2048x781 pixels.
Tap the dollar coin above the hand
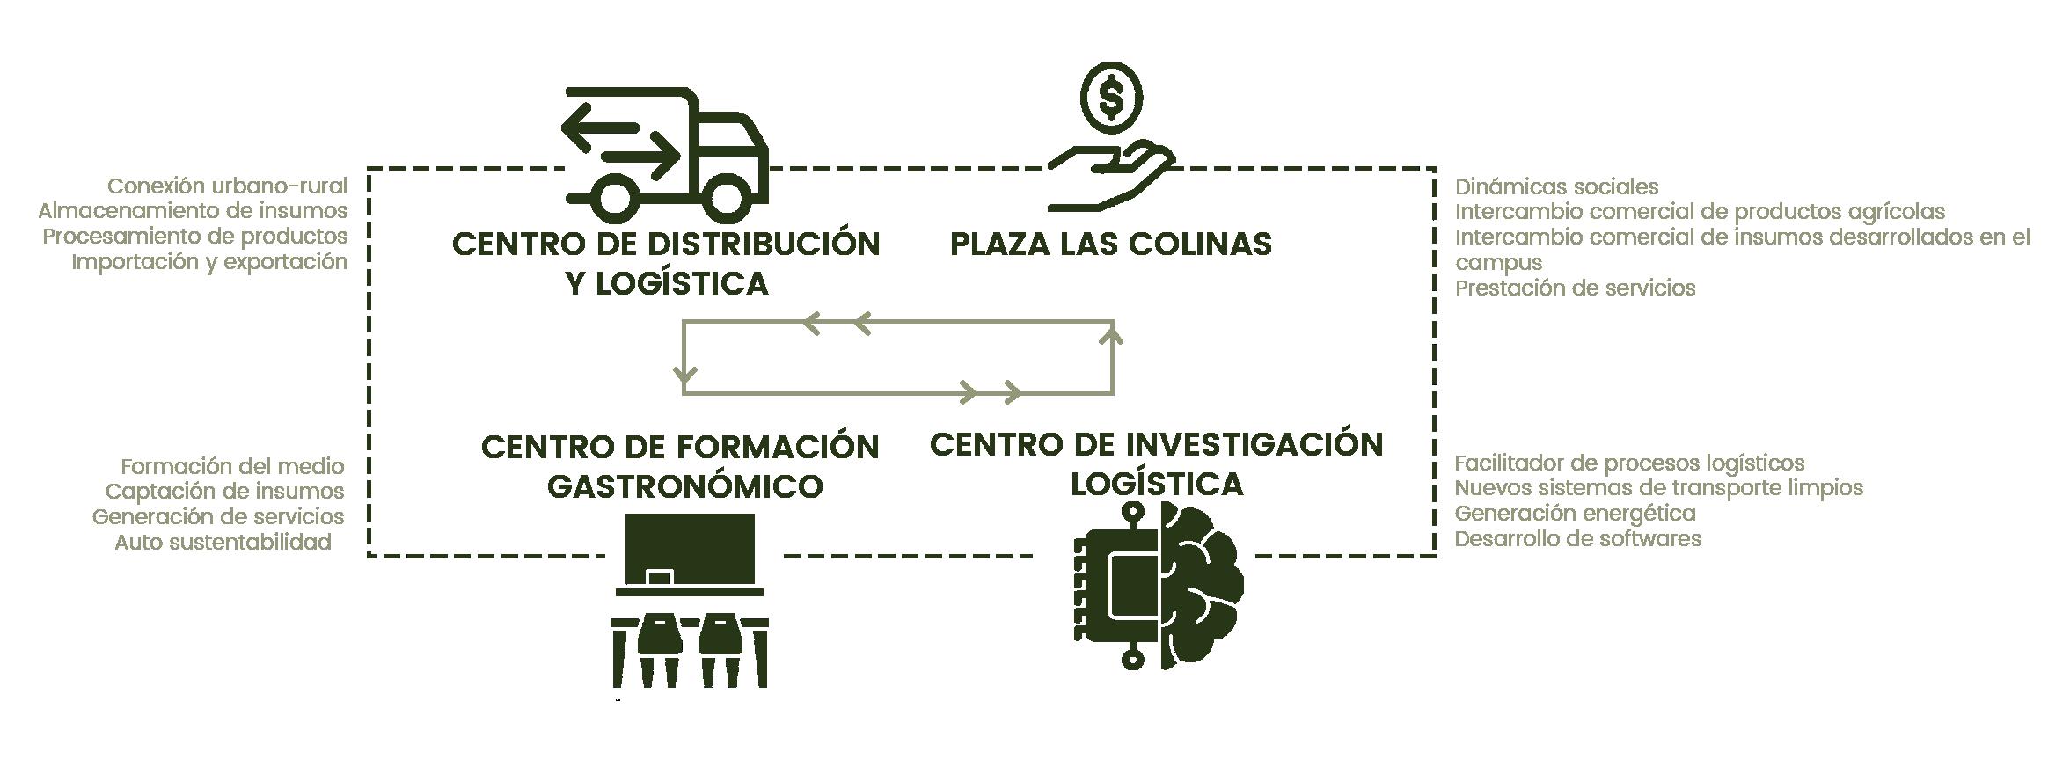click(x=1111, y=99)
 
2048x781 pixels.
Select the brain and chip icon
click(x=1159, y=585)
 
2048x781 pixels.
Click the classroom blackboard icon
click(x=690, y=550)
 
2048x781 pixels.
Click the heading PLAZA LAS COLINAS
click(x=1110, y=244)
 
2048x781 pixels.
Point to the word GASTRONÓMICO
click(x=684, y=485)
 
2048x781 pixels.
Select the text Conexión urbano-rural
click(x=227, y=186)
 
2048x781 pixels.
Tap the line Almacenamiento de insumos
click(x=193, y=211)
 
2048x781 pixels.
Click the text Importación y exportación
click(x=209, y=261)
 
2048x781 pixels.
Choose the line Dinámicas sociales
click(x=1556, y=187)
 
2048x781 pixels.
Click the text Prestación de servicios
click(x=1575, y=288)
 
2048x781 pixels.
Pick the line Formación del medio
click(x=232, y=466)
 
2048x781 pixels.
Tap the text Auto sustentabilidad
click(x=223, y=542)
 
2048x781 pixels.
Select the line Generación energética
click(x=1575, y=513)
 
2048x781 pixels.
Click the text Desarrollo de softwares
click(x=1577, y=538)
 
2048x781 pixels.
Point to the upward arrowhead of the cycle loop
click(x=1113, y=334)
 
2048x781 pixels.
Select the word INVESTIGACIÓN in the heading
click(x=1254, y=444)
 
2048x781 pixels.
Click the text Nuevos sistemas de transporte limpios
click(x=1658, y=487)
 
